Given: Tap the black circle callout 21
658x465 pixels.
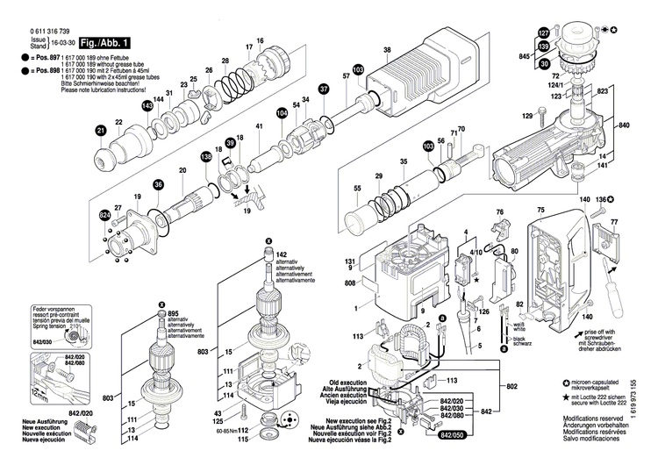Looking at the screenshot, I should coord(101,132).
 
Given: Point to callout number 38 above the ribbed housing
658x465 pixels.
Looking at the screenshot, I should coord(387,52).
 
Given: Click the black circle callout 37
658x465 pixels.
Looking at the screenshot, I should coord(324,89).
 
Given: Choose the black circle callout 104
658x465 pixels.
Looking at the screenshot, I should coord(282,113).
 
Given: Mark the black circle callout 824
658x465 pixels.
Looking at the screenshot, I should coord(105,215).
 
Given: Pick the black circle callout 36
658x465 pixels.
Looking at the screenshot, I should coord(159,184).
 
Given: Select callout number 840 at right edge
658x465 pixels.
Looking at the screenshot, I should coord(648,126).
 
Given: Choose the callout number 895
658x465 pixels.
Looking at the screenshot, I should coord(174,314).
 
